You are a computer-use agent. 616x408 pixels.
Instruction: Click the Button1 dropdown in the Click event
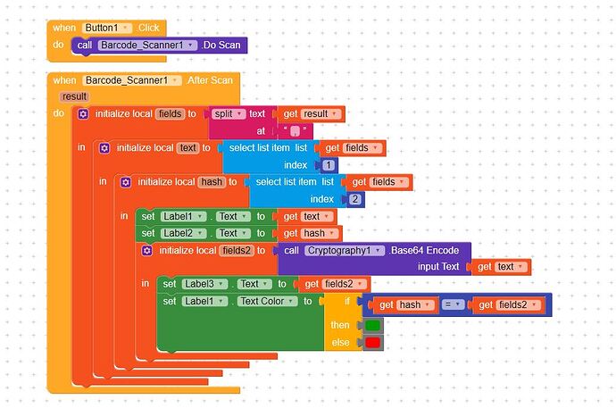point(106,28)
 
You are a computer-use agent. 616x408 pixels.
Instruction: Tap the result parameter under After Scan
point(74,96)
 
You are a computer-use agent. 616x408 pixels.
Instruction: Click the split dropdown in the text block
point(229,113)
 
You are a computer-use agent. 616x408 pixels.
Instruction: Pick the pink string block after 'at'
point(296,130)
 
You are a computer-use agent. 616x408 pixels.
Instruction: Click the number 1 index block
point(328,165)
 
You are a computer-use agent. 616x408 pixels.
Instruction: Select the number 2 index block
point(354,199)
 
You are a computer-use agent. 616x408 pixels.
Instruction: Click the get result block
point(312,113)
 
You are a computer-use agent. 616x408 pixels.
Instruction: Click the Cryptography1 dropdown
point(345,250)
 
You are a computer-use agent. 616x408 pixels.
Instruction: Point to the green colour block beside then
point(372,325)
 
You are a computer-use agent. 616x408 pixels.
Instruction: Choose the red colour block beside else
point(372,342)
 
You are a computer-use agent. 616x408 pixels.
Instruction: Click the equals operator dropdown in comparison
point(454,305)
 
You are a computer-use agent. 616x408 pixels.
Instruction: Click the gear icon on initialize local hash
point(126,182)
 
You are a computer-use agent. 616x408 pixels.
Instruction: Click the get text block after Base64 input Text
point(501,266)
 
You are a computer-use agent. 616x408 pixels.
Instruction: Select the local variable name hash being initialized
point(212,182)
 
